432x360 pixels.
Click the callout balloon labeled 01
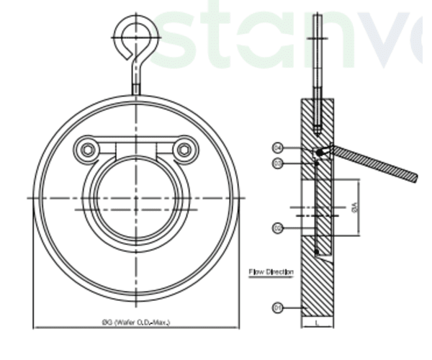tap(277, 307)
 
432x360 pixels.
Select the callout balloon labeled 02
tap(277, 228)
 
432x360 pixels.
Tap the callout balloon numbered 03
tap(277, 164)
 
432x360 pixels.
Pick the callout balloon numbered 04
tap(277, 148)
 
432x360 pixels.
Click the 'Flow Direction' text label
tap(271, 272)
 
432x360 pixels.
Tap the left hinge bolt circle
tap(88, 149)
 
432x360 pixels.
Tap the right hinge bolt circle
tap(185, 149)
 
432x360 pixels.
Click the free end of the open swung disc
tap(413, 177)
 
